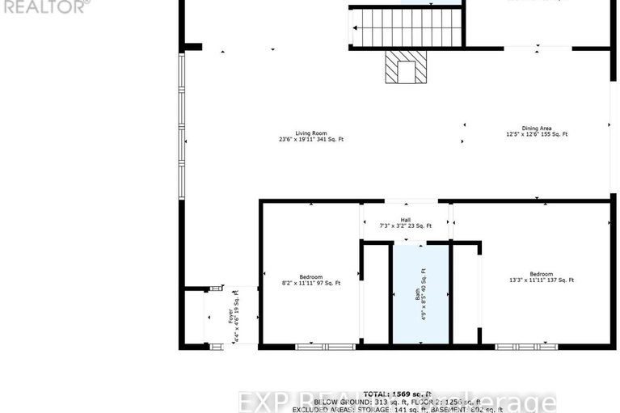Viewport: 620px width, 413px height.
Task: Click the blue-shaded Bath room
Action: point(420,294)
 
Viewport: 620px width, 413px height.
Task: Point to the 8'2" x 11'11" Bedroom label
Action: point(310,280)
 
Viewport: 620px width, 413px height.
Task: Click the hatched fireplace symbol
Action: point(404,67)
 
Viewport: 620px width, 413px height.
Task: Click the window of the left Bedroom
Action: point(325,347)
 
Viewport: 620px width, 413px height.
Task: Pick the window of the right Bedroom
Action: point(525,347)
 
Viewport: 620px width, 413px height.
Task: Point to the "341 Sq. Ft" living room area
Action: point(329,140)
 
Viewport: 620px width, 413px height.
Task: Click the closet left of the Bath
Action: point(376,294)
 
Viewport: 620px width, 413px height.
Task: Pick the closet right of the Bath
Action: point(465,294)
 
